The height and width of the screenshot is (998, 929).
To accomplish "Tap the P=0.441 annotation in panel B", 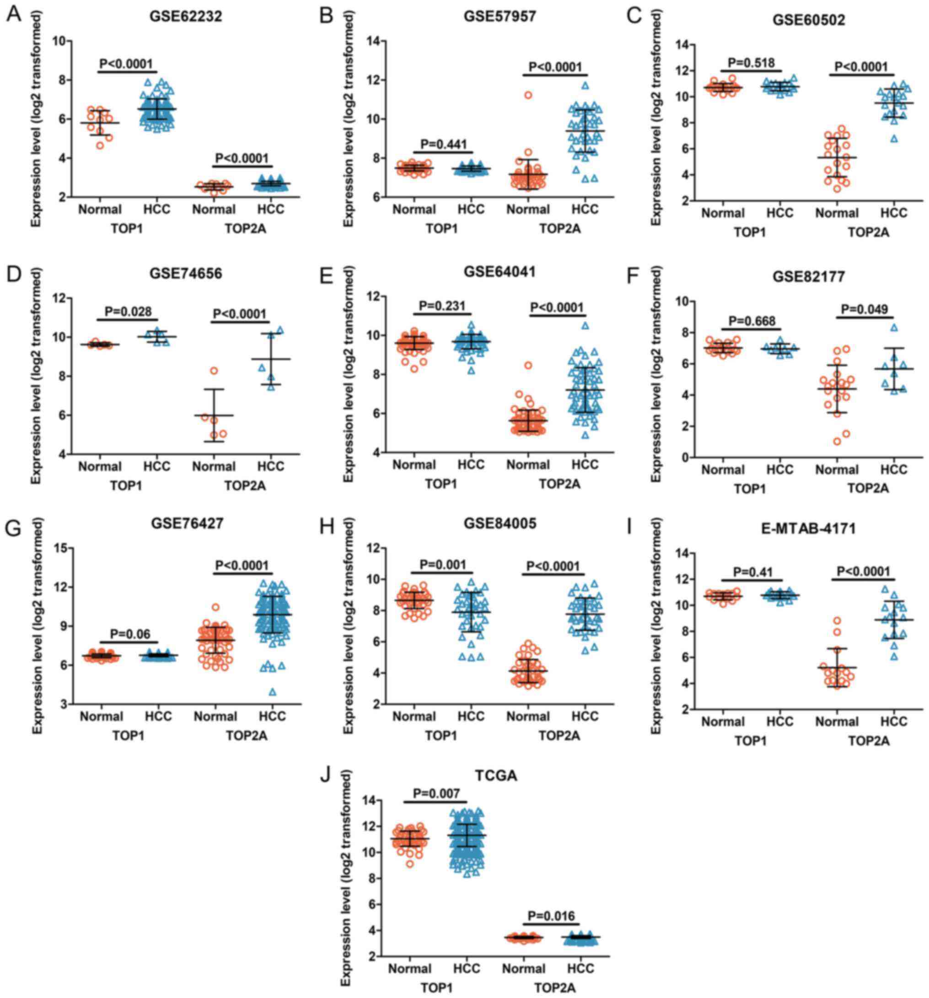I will point(444,144).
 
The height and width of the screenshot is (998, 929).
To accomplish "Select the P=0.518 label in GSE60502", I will point(752,62).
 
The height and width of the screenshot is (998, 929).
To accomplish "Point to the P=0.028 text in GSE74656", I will point(128,312).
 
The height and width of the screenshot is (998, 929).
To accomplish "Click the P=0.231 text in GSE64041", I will point(444,306).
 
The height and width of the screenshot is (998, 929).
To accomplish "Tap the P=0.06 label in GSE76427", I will point(129,634).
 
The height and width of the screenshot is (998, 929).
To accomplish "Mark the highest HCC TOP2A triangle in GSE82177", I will point(894,328).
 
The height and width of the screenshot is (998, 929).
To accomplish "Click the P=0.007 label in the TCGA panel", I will point(435,793).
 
